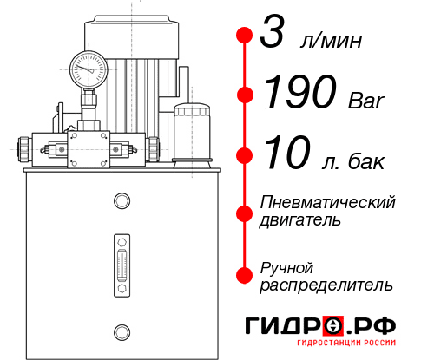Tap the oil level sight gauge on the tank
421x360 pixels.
click(x=121, y=260)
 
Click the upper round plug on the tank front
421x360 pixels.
click(x=121, y=202)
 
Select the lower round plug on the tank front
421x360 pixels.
click(x=121, y=330)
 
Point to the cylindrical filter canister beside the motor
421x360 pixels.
click(x=191, y=130)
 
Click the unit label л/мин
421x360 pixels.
click(x=331, y=41)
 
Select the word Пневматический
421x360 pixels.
click(x=327, y=202)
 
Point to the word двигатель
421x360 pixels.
click(x=300, y=220)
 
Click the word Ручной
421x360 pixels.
click(x=287, y=265)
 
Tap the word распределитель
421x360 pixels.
click(x=326, y=284)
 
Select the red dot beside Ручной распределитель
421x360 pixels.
click(x=245, y=274)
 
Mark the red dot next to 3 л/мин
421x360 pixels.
click(x=245, y=36)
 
